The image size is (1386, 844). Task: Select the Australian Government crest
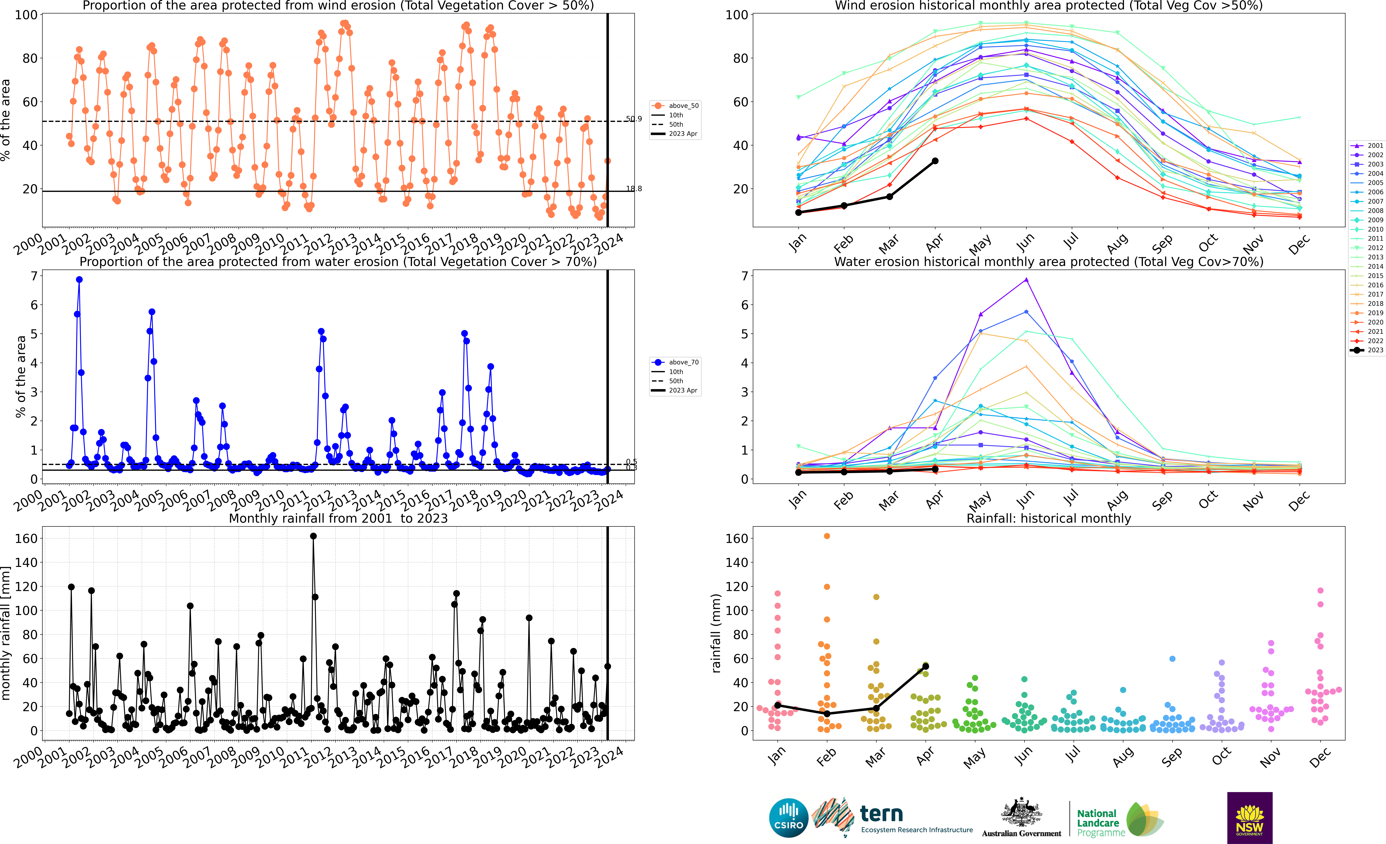[1021, 813]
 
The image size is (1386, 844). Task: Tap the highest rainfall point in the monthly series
[313, 536]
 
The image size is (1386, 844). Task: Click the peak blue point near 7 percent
[79, 280]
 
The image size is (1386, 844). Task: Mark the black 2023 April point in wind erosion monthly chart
[935, 161]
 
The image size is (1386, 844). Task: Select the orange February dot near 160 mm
[827, 536]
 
